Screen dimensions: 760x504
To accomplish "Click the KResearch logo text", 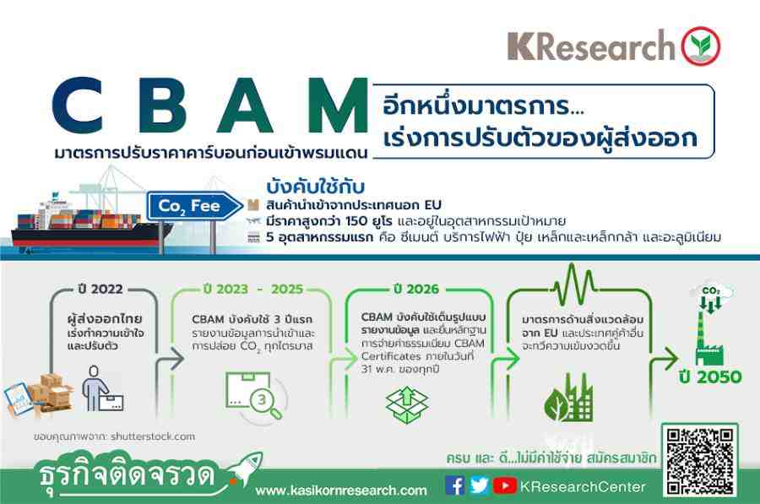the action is pyautogui.click(x=591, y=46).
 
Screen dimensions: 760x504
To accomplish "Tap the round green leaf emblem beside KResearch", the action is pyautogui.click(x=701, y=46).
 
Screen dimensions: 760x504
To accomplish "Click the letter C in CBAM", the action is pyautogui.click(x=78, y=106).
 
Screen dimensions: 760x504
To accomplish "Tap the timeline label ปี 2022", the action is pyautogui.click(x=100, y=289).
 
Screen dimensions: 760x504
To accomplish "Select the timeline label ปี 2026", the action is pyautogui.click(x=416, y=289).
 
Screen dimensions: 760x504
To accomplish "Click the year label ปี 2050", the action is pyautogui.click(x=710, y=377).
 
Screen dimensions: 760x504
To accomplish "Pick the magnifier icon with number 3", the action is pyautogui.click(x=254, y=396).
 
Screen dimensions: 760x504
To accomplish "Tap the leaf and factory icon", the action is pyautogui.click(x=568, y=398).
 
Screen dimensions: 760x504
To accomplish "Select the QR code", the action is pyautogui.click(x=700, y=460).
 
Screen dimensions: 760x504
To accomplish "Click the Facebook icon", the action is pyautogui.click(x=454, y=485).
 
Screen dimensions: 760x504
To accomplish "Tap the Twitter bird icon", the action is pyautogui.click(x=479, y=485).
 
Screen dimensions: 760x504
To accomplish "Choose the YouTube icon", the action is pyautogui.click(x=505, y=485).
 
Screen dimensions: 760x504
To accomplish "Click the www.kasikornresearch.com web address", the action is pyautogui.click(x=341, y=490).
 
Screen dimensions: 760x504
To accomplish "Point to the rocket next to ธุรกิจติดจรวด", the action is pyautogui.click(x=245, y=469).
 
